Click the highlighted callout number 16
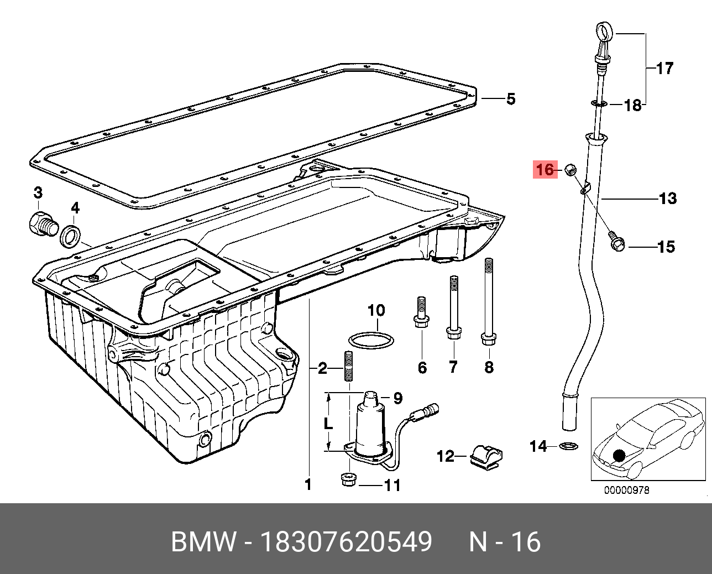tap(545, 169)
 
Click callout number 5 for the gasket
tap(510, 99)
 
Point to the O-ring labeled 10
tap(371, 340)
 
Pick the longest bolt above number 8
tap(489, 301)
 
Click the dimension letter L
tap(328, 423)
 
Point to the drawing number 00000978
tap(626, 490)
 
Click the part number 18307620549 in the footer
tap(346, 542)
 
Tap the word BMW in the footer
tap(203, 542)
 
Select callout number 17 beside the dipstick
tap(665, 69)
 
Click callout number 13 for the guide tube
tap(668, 198)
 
